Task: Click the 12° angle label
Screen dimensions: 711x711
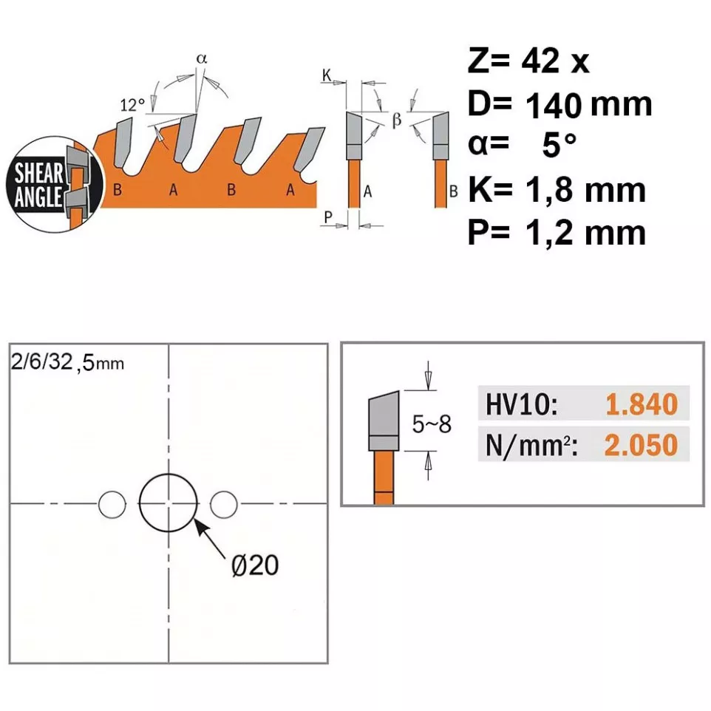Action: click(132, 105)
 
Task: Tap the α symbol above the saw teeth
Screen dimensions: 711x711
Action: click(202, 58)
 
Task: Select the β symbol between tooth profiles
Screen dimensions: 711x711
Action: click(397, 120)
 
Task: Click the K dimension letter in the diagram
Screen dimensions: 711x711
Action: click(327, 75)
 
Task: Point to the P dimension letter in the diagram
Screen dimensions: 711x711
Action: click(328, 217)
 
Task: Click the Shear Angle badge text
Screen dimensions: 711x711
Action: click(38, 185)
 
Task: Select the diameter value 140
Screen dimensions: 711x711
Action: click(553, 105)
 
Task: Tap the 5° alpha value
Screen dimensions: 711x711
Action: click(559, 145)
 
